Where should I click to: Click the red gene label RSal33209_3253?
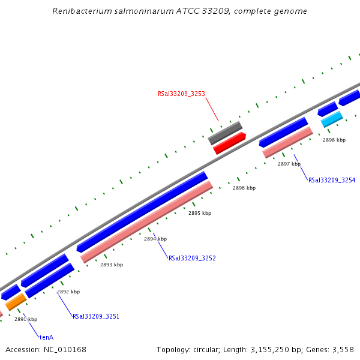tap(181, 94)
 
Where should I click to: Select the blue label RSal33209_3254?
tap(332, 180)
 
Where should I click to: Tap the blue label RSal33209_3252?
tap(192, 259)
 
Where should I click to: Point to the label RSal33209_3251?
tap(96, 316)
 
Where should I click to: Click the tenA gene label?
tap(46, 337)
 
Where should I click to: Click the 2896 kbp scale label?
tap(244, 188)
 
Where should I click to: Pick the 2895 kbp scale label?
tap(200, 213)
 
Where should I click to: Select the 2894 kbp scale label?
tap(155, 239)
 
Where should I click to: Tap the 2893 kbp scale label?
tap(112, 265)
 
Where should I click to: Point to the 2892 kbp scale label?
tap(68, 292)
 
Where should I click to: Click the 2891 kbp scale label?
tap(26, 319)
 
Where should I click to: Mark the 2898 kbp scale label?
tap(334, 140)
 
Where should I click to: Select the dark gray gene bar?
tap(225, 133)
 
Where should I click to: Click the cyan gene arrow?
tap(332, 119)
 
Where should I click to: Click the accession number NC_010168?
tap(64, 349)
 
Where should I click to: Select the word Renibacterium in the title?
tap(80, 11)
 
